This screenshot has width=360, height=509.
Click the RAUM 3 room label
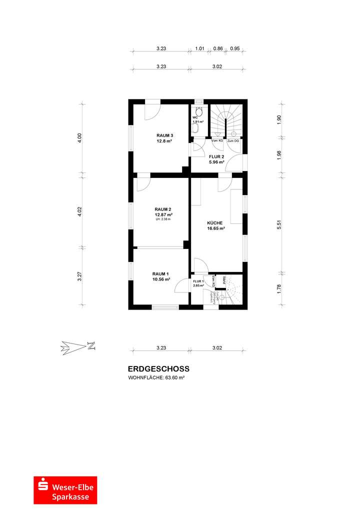(x=164, y=135)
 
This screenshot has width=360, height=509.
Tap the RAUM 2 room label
(x=163, y=209)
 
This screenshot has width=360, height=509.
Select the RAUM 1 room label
(x=160, y=274)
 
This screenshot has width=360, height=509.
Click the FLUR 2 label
(x=216, y=156)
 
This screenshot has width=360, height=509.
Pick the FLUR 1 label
(x=198, y=282)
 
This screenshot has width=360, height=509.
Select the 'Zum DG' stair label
(x=233, y=141)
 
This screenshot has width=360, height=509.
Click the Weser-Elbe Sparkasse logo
(x=66, y=490)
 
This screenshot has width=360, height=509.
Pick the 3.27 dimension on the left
(x=79, y=276)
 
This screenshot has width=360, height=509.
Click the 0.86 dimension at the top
(x=218, y=48)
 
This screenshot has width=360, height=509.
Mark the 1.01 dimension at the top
(x=199, y=48)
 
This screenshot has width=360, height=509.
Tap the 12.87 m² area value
(x=163, y=214)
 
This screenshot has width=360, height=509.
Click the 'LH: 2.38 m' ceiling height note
(x=163, y=219)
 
